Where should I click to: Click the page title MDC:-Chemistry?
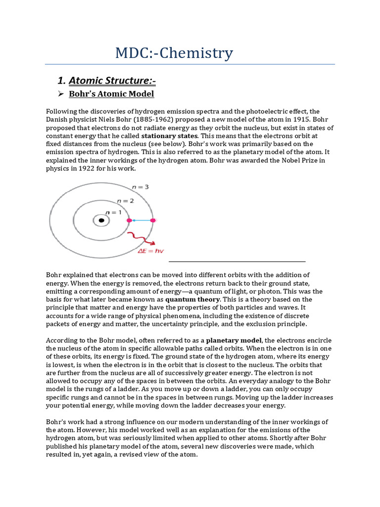[x=174, y=53]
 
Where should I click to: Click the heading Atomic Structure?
[x=113, y=80]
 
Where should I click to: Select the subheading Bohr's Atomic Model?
[x=111, y=94]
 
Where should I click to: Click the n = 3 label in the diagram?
[x=141, y=187]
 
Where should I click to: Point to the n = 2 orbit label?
[x=125, y=201]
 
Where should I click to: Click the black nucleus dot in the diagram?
[x=101, y=220]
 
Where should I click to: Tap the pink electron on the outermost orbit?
[x=153, y=220]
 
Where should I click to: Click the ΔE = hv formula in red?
[x=150, y=251]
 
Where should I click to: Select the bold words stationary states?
[x=170, y=136]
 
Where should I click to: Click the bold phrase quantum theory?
[x=193, y=299]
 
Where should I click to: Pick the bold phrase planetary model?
[x=234, y=340]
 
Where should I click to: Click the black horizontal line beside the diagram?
[x=237, y=261]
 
